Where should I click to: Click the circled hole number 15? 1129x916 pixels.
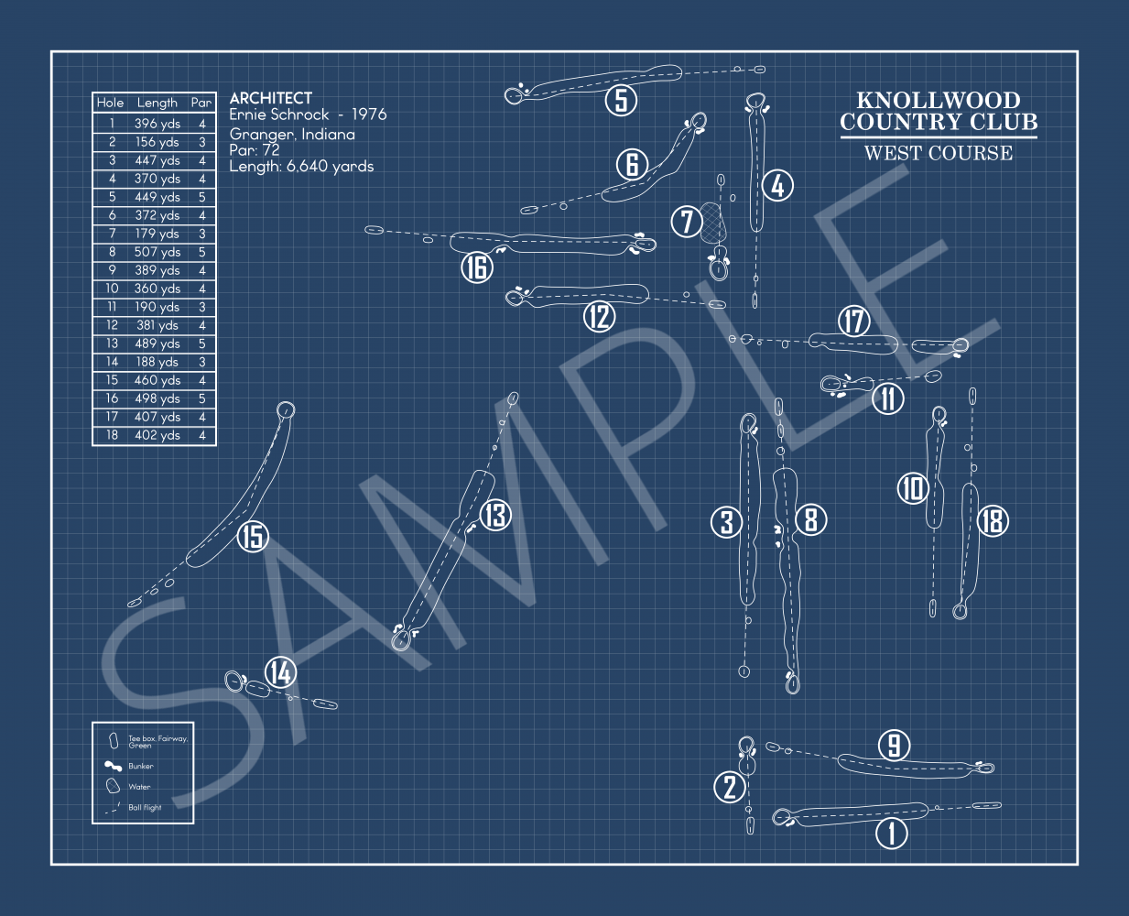pyautogui.click(x=253, y=536)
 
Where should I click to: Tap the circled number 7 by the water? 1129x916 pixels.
pyautogui.click(x=687, y=221)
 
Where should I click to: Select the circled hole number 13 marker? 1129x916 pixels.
pyautogui.click(x=495, y=515)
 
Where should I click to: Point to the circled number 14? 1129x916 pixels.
pyautogui.click(x=280, y=672)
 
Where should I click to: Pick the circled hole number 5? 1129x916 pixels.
pyautogui.click(x=621, y=99)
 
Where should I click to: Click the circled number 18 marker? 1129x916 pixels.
pyautogui.click(x=993, y=520)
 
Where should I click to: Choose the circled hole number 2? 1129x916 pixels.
pyautogui.click(x=730, y=786)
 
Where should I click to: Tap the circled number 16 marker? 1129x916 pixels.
pyautogui.click(x=476, y=267)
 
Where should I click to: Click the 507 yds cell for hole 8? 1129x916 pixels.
pyautogui.click(x=157, y=252)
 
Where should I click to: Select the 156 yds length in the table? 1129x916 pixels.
pyautogui.click(x=157, y=142)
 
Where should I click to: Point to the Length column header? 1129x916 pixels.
pyautogui.click(x=157, y=103)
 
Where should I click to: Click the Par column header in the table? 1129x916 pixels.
pyautogui.click(x=201, y=103)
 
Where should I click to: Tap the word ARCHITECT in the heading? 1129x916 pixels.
pyautogui.click(x=271, y=98)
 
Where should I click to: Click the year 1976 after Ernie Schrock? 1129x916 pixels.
pyautogui.click(x=369, y=114)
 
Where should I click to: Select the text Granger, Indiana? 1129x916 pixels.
pyautogui.click(x=292, y=134)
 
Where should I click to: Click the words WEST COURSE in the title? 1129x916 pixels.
pyautogui.click(x=939, y=153)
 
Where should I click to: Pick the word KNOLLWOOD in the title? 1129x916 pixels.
pyautogui.click(x=939, y=101)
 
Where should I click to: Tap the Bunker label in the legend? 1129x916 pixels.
pyautogui.click(x=141, y=767)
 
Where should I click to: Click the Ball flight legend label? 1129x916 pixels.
pyautogui.click(x=145, y=808)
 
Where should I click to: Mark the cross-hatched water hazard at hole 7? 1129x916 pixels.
pyautogui.click(x=713, y=223)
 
